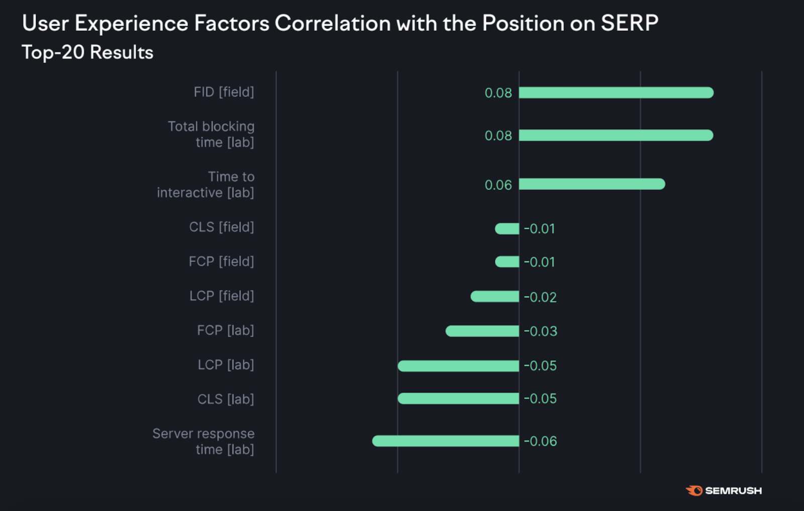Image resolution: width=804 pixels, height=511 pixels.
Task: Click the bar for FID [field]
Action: pyautogui.click(x=616, y=92)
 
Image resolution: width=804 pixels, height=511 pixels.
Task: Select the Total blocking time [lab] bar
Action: pyautogui.click(x=616, y=135)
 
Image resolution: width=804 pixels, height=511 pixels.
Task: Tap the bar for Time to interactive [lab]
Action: pyautogui.click(x=591, y=184)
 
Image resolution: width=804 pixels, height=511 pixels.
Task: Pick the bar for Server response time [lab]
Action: pyautogui.click(x=446, y=441)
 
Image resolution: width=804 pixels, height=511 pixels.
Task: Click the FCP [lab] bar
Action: pyautogui.click(x=482, y=331)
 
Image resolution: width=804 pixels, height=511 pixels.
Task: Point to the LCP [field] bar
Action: pyautogui.click(x=494, y=296)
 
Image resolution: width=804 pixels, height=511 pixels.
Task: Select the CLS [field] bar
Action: pyautogui.click(x=507, y=229)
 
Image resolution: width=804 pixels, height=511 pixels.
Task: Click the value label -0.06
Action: pyautogui.click(x=540, y=441)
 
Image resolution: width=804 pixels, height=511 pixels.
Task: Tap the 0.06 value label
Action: pyautogui.click(x=498, y=185)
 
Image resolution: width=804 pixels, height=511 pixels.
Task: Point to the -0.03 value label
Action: pyautogui.click(x=540, y=331)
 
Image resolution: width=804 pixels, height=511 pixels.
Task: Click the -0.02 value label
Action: pyautogui.click(x=540, y=297)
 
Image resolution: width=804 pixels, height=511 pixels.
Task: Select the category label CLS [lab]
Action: pyautogui.click(x=226, y=399)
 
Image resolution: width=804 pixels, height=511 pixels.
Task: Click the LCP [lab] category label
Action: pyautogui.click(x=226, y=365)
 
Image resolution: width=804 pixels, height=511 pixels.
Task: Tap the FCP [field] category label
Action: pyautogui.click(x=222, y=261)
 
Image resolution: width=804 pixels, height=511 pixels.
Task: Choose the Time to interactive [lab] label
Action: pyautogui.click(x=206, y=184)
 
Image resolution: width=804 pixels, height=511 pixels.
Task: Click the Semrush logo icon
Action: pyautogui.click(x=694, y=490)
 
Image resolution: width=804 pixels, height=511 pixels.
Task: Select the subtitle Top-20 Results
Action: pyautogui.click(x=87, y=52)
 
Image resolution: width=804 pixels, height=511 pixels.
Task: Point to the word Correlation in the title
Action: pyautogui.click(x=333, y=23)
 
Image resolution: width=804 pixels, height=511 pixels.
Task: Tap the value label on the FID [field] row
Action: pyautogui.click(x=498, y=93)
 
